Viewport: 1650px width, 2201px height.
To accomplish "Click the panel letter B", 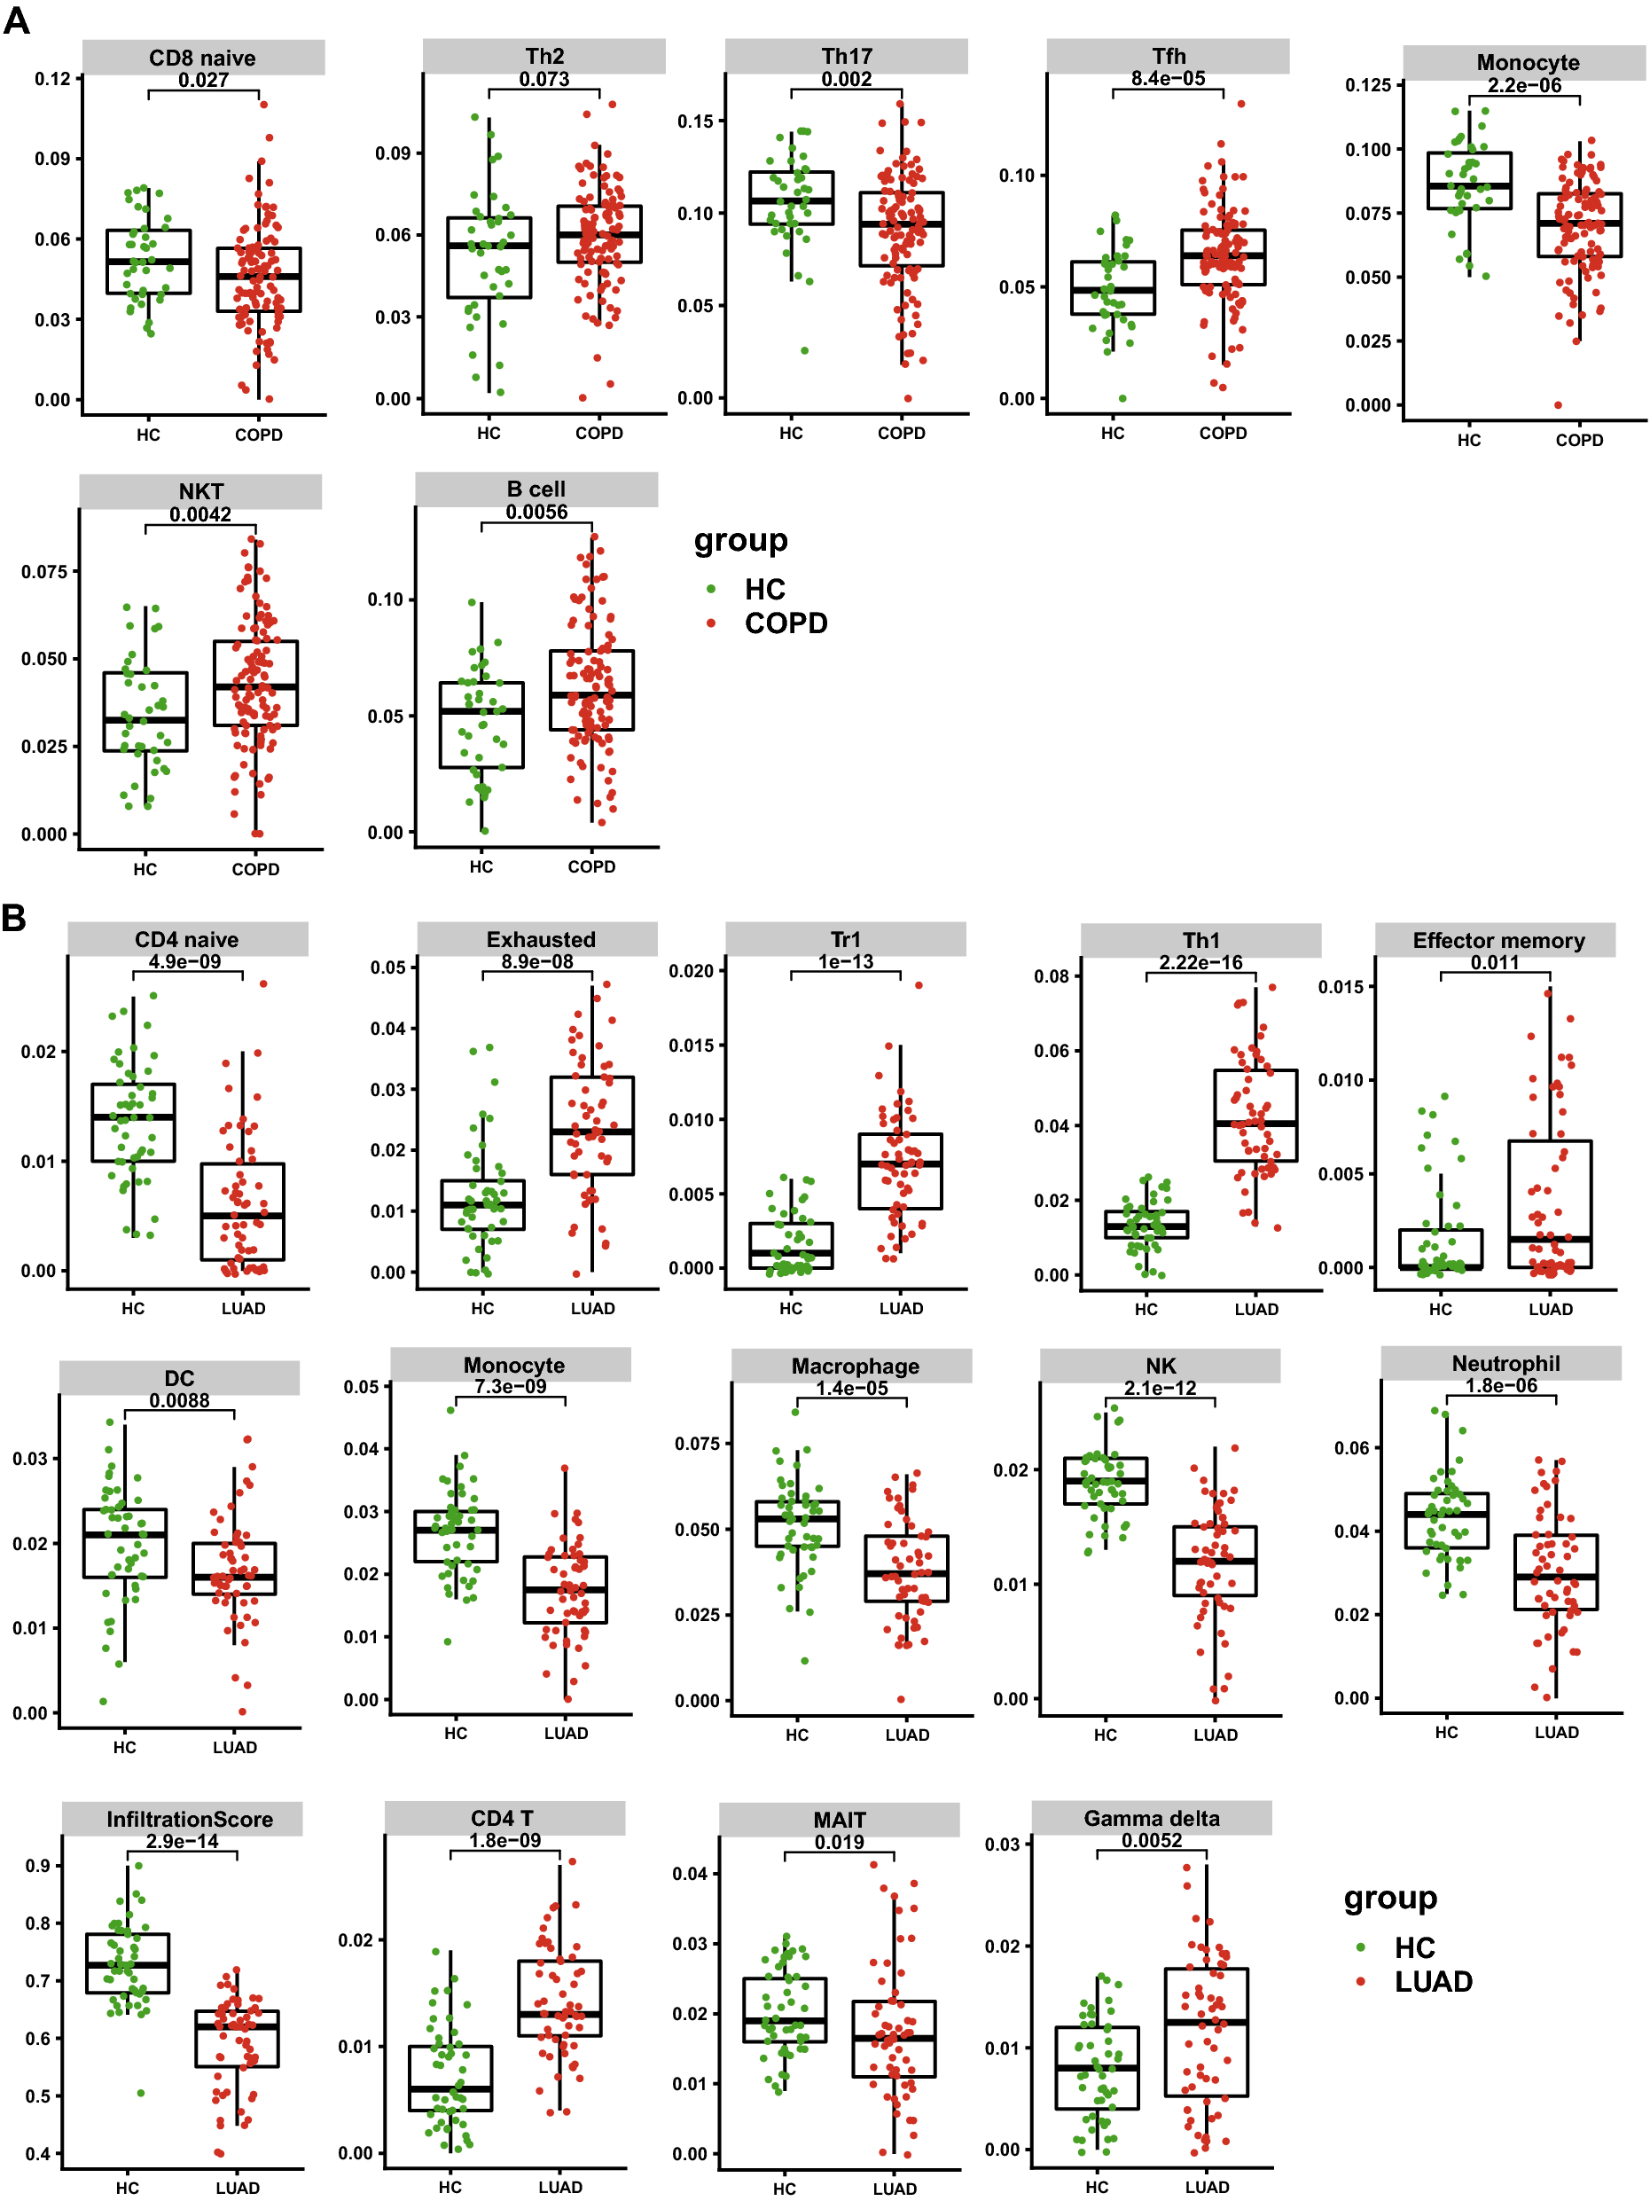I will point(14,916).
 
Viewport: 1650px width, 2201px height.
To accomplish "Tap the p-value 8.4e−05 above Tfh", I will point(1167,78).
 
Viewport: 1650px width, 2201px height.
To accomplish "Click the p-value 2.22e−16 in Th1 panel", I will point(1200,962).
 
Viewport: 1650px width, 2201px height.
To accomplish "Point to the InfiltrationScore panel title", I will point(189,1819).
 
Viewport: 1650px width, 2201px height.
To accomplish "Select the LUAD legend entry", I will point(1432,1981).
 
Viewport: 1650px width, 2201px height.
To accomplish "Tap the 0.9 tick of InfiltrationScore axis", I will point(38,1866).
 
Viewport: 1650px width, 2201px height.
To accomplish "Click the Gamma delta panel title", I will point(1151,1818).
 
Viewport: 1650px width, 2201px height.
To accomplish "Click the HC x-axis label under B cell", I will point(481,866).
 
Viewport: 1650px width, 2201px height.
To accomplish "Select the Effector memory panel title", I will point(1498,940).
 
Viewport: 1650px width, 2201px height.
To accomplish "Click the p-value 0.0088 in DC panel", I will point(179,1401).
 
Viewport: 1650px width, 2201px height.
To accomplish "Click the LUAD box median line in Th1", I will point(1255,1123).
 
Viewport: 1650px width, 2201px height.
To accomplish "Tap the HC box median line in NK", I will point(1105,1481).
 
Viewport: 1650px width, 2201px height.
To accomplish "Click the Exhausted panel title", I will point(540,939).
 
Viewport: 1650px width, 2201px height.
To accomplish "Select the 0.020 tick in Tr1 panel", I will point(691,971).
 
